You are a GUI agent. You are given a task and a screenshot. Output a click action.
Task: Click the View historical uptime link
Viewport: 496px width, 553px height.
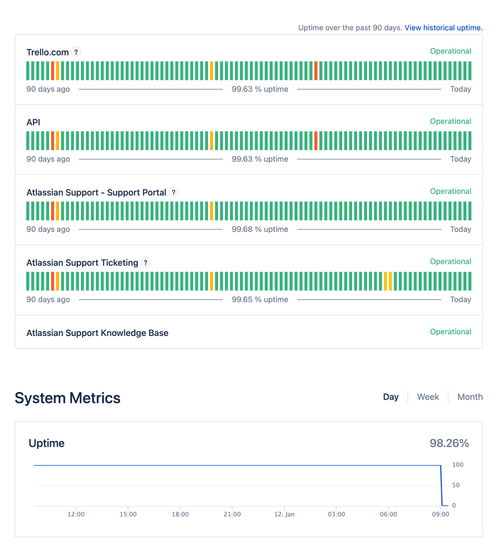click(443, 28)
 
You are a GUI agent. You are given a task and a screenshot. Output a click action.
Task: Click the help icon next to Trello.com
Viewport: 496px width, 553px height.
click(76, 52)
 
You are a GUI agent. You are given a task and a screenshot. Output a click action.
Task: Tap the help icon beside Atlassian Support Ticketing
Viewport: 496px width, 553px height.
click(146, 262)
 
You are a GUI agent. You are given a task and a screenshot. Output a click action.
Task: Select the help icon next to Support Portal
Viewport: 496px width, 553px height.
click(174, 192)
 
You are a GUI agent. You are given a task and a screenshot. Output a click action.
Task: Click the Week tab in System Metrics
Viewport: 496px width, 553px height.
click(428, 397)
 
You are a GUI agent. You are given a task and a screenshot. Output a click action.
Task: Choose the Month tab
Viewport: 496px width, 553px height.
click(469, 397)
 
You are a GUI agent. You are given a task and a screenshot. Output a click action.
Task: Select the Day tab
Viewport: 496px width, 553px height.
click(391, 397)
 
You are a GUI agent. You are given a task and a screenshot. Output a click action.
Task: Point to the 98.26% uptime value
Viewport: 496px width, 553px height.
click(449, 443)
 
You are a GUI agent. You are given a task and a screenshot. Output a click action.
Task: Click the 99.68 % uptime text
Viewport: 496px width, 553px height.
click(260, 229)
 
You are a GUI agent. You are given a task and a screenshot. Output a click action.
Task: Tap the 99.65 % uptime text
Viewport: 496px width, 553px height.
click(260, 299)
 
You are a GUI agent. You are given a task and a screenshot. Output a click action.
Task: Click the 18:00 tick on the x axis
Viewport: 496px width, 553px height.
click(180, 514)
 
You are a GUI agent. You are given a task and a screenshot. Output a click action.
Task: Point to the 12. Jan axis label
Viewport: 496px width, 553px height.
click(285, 514)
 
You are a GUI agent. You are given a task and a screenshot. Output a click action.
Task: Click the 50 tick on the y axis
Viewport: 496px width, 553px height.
click(456, 485)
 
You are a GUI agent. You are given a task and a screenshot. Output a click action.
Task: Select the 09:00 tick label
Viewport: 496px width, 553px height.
click(441, 514)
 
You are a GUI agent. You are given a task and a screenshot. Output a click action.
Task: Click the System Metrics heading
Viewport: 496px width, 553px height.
click(68, 398)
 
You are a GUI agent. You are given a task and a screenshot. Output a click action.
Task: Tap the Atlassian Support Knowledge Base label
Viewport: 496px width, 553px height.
click(97, 333)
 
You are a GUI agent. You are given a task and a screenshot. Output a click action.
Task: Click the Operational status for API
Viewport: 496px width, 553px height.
click(451, 121)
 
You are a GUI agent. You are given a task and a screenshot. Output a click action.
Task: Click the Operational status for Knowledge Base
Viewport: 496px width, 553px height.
click(451, 332)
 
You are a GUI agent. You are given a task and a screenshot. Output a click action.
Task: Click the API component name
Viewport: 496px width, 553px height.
click(33, 122)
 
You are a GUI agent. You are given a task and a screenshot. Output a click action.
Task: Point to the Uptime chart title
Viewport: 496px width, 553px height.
click(46, 443)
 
